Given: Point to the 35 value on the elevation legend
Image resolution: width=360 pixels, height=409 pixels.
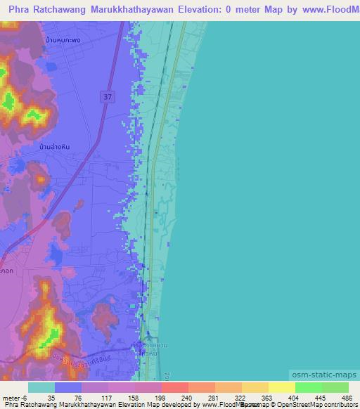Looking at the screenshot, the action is pyautogui.click(x=51, y=397).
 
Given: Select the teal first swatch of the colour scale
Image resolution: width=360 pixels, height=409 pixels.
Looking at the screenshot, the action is pyautogui.click(x=41, y=387).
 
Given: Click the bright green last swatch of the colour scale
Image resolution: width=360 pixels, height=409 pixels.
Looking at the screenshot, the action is pyautogui.click(x=335, y=387).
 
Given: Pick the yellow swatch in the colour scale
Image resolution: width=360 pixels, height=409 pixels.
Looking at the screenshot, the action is pyautogui.click(x=282, y=387).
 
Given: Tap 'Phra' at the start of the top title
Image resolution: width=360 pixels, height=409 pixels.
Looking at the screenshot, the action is pyautogui.click(x=22, y=11).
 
